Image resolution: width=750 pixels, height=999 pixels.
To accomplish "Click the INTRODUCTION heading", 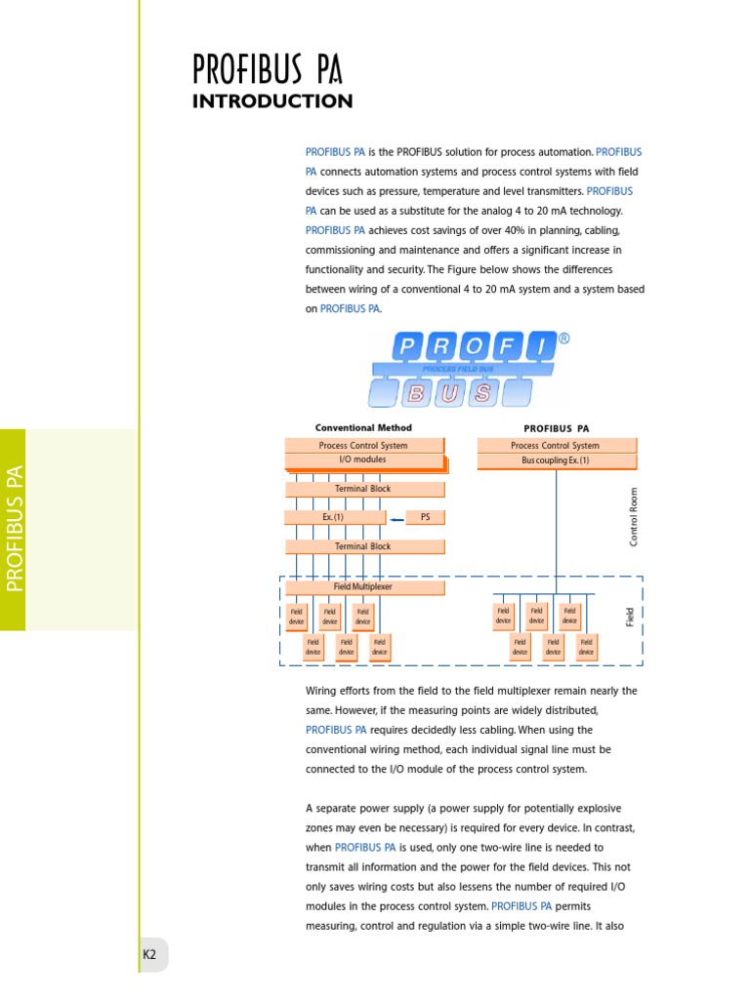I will [272, 101].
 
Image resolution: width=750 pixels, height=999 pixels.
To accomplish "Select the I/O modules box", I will [363, 460].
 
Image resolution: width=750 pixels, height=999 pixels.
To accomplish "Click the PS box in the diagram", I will [425, 517].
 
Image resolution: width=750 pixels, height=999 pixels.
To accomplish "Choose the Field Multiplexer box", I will [363, 587].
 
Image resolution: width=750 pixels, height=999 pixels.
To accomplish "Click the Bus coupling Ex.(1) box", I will [556, 460].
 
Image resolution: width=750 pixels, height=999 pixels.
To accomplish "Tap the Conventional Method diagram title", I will [363, 427].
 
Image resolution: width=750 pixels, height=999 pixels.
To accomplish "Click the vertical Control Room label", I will [634, 516].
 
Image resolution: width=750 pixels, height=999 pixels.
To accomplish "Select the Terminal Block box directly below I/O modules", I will [363, 489].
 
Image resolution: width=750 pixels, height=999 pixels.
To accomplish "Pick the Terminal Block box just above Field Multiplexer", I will [363, 546].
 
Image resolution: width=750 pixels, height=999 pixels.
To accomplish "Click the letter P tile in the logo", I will [408, 347].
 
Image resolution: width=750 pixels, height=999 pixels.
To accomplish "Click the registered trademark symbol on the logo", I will [563, 339].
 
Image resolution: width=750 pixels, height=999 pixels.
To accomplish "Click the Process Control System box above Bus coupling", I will [556, 445].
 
